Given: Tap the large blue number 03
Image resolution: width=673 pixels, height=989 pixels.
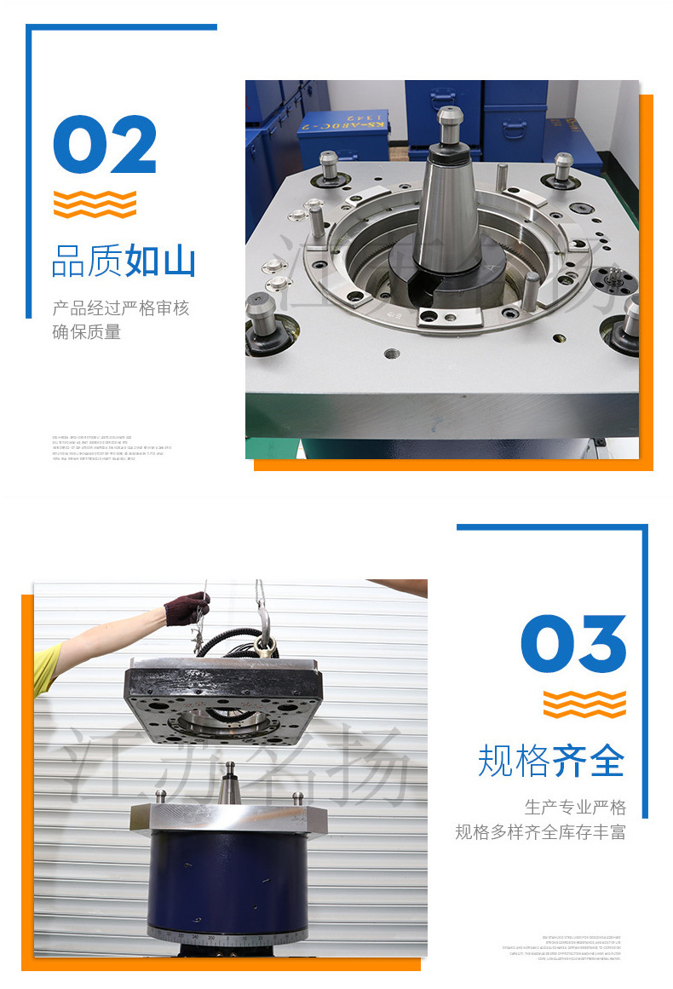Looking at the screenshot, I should [573, 645].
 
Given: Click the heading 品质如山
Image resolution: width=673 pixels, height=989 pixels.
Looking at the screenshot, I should [124, 261].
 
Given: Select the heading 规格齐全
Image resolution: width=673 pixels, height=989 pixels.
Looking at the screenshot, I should [551, 760].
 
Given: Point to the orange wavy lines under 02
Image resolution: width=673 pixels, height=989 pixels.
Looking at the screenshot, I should [95, 204].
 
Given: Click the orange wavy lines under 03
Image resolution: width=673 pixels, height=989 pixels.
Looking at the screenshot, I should [584, 704].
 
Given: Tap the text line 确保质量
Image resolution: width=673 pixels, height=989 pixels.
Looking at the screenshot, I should [87, 332].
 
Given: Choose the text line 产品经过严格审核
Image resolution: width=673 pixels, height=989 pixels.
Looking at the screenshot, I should [121, 308].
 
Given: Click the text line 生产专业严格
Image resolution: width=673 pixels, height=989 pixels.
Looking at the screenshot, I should [575, 807].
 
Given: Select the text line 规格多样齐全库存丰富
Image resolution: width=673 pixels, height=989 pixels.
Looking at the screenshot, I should [540, 832].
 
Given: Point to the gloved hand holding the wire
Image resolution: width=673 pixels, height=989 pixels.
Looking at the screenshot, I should [187, 607].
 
